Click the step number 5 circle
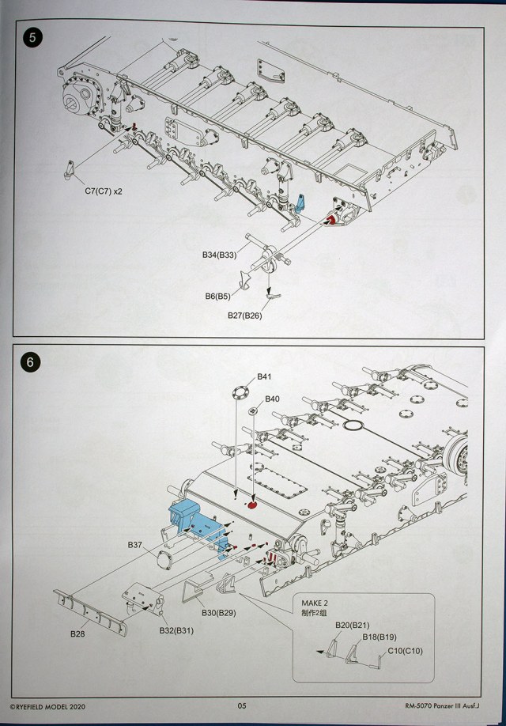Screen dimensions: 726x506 pos(31,36)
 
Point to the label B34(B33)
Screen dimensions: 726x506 pos(219,255)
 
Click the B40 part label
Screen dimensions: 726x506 pos(272,399)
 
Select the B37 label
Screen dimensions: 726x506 pos(134,545)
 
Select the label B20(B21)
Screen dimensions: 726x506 pos(353,626)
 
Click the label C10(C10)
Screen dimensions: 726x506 pos(406,650)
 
